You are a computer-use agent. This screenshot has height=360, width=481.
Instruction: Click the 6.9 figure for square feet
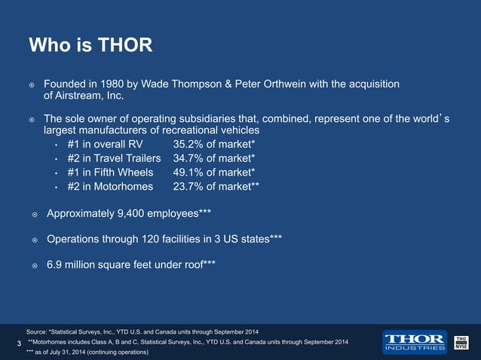[56, 265]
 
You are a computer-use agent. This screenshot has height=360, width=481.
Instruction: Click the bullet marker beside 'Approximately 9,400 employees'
[34, 215]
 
